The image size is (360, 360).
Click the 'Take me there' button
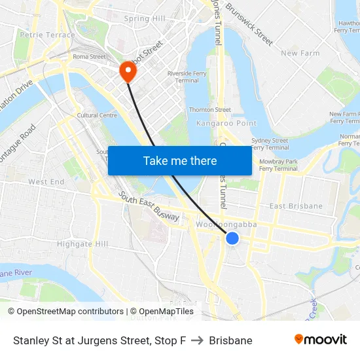tap(180, 160)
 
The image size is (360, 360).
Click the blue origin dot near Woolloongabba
tap(232, 239)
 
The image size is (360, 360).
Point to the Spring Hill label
tap(145, 19)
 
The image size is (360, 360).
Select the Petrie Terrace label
tap(47, 35)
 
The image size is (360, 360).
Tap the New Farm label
tap(299, 53)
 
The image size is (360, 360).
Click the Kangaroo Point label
tap(226, 123)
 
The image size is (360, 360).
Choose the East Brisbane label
tap(296, 206)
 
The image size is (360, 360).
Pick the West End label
tap(46, 181)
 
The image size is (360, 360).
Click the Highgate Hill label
tap(82, 243)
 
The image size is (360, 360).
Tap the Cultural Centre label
tap(97, 115)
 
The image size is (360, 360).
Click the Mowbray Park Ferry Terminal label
tap(278, 164)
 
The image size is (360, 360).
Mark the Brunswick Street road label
tap(249, 25)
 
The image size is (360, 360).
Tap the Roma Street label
tap(89, 57)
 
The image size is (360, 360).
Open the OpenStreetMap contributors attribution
tap(65, 312)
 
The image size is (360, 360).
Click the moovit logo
tap(320, 340)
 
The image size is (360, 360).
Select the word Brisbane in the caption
tap(230, 340)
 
